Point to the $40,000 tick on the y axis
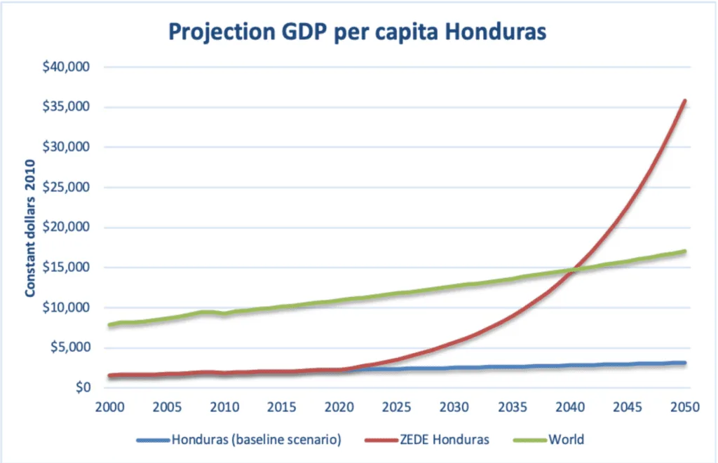[72, 67]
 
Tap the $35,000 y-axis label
[72, 107]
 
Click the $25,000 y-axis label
[72, 187]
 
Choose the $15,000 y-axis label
[72, 268]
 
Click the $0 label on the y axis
[85, 387]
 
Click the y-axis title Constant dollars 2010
[32, 227]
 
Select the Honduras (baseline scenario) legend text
[256, 440]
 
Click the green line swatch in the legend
[529, 440]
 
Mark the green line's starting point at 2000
[110, 325]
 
